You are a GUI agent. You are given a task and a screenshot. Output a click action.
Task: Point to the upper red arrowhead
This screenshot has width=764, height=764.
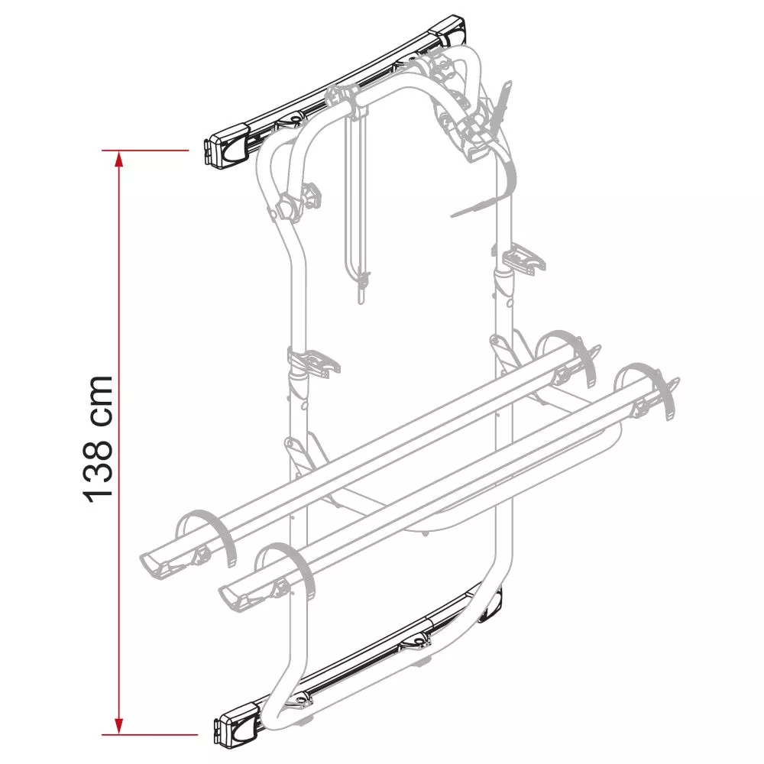[119, 159]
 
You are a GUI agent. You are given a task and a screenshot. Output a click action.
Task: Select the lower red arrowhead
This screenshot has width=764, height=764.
[119, 726]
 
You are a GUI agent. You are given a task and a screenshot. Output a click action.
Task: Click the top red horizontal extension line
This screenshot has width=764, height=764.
[144, 151]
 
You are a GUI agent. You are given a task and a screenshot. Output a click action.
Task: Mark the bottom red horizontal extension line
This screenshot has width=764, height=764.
[150, 734]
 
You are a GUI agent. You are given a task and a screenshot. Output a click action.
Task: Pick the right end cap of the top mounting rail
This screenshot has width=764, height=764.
[448, 31]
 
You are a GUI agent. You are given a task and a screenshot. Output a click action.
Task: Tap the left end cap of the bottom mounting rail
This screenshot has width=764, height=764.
[238, 724]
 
